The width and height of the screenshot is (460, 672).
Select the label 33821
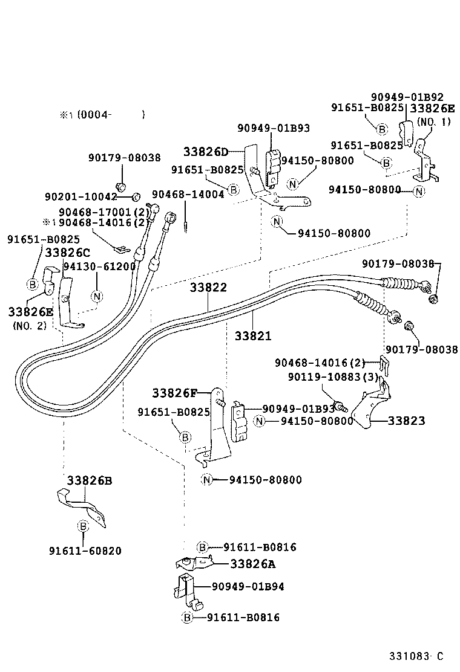tap(253, 335)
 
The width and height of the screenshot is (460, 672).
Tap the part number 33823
tap(406, 421)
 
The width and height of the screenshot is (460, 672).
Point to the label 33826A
tap(252, 564)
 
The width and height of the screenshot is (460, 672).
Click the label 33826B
tap(89, 480)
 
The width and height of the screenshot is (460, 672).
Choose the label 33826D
tap(206, 151)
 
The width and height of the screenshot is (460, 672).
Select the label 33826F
tap(174, 393)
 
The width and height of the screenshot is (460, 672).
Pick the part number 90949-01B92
tap(407, 97)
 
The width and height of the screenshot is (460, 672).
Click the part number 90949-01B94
tap(248, 586)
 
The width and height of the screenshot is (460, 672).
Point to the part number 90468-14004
tap(188, 194)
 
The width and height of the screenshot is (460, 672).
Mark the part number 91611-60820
tap(85, 551)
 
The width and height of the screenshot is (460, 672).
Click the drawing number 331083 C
tap(416, 656)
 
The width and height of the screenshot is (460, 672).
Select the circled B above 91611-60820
tap(83, 526)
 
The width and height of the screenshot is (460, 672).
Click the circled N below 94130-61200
tap(96, 296)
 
